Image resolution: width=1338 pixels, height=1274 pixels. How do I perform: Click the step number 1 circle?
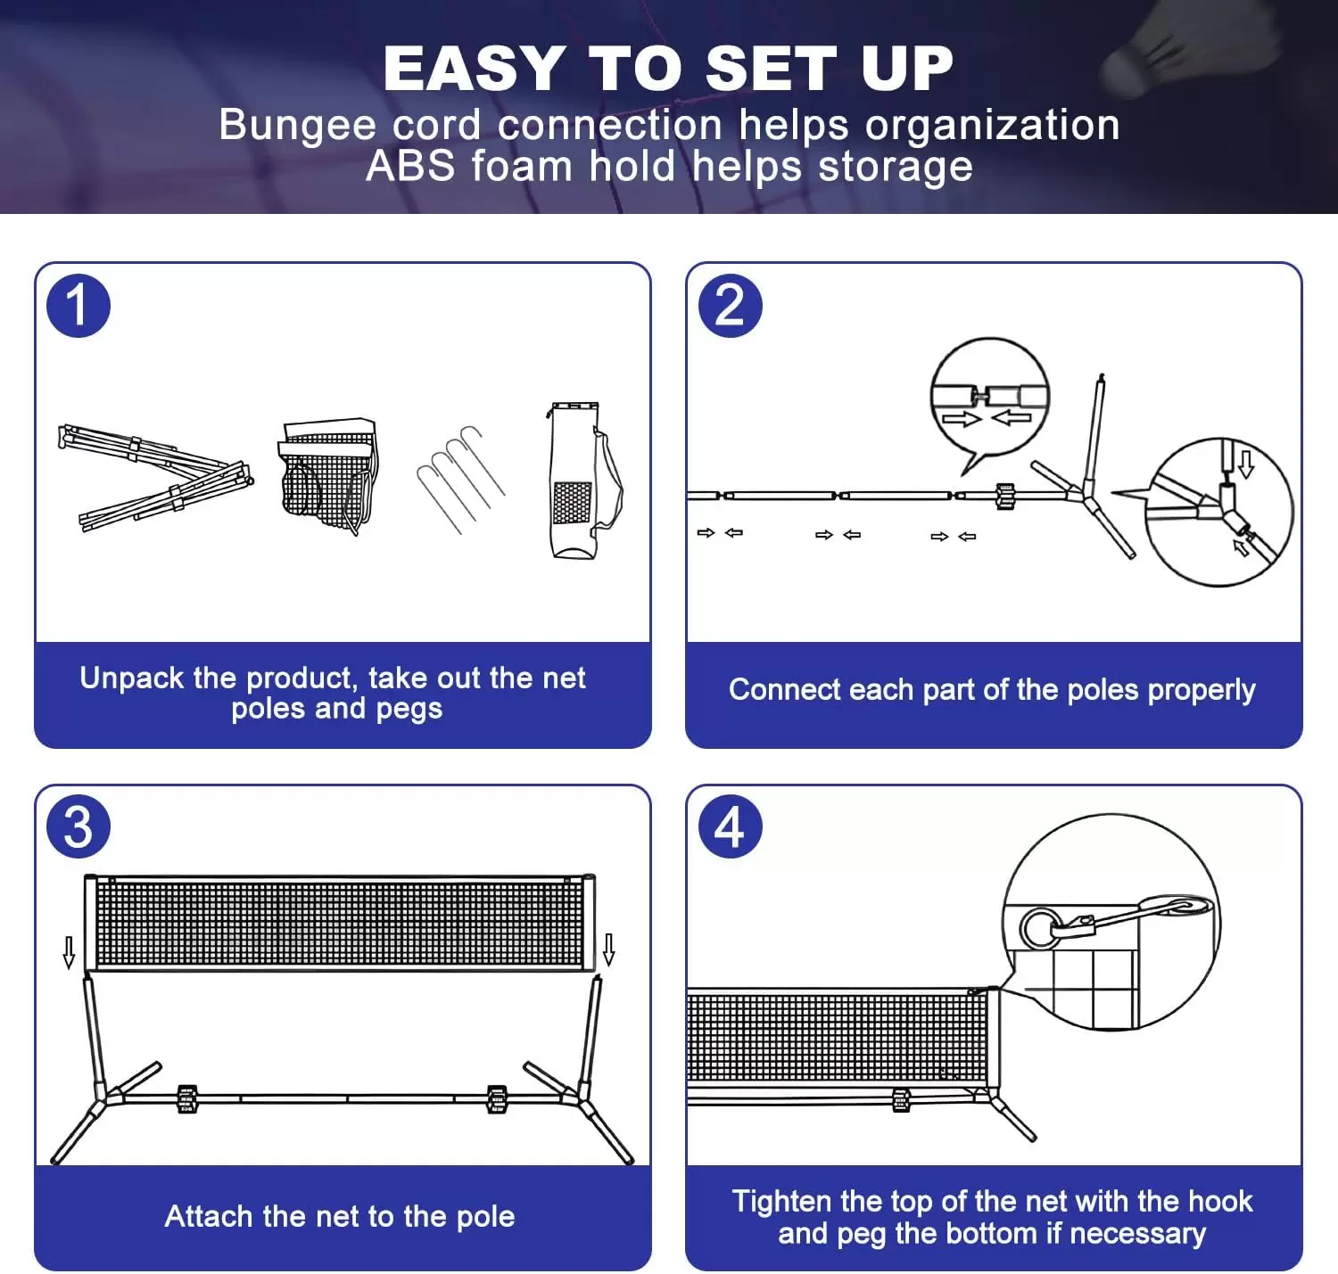tap(78, 306)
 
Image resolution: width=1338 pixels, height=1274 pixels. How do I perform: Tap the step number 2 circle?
tap(730, 306)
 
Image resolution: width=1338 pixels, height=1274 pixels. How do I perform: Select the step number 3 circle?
tap(78, 827)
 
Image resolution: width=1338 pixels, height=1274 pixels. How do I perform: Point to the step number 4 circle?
tap(730, 827)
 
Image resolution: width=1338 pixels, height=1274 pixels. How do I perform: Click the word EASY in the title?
tap(473, 69)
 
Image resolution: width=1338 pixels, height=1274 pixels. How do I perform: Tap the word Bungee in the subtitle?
tap(297, 125)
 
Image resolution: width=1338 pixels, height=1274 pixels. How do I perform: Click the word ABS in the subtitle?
tap(410, 167)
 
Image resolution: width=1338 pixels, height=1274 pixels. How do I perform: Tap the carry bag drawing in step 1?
tap(580, 481)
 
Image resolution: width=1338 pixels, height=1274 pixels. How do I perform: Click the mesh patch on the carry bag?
tap(572, 503)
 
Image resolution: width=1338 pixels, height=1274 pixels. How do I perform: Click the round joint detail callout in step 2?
tap(1218, 513)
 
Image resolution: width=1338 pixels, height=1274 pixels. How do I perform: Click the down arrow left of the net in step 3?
tap(69, 952)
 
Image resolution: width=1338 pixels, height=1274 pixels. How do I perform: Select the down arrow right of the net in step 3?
tap(608, 949)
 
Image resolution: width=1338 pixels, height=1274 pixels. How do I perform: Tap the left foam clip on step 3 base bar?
tap(187, 1099)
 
